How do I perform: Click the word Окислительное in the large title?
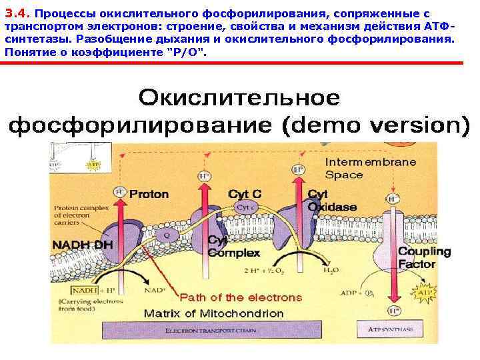pos(239,98)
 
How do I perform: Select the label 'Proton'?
pos(149,195)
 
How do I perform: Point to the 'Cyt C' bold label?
pos(245,194)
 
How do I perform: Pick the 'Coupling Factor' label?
pos(424,258)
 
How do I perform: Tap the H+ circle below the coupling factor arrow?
pos(395,311)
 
